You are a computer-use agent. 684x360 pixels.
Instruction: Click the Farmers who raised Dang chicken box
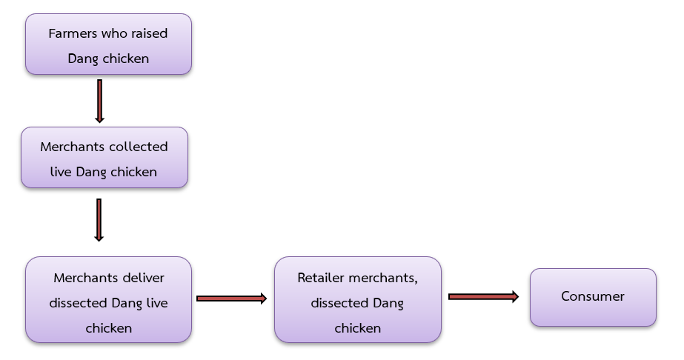108,44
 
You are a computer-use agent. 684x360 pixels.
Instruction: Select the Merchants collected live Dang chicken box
104,158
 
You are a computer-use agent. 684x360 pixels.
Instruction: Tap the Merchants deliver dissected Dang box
108,300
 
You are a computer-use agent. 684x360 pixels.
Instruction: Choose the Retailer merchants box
357,300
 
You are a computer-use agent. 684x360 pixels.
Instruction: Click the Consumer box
593,297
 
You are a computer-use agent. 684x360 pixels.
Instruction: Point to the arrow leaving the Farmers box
99,101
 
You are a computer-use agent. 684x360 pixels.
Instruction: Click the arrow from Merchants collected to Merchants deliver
99,219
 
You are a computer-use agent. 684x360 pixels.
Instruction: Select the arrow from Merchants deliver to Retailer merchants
231,299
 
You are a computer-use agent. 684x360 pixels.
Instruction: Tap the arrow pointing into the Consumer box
483,296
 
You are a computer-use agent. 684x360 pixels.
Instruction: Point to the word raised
150,33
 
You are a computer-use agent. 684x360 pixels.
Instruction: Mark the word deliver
143,278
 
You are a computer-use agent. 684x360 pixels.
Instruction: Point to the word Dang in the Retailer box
388,303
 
